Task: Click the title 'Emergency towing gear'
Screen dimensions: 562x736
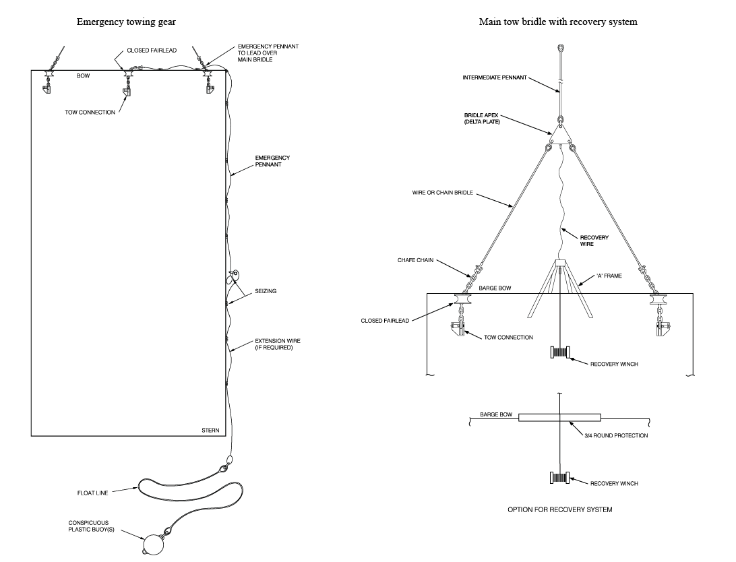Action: tap(126, 22)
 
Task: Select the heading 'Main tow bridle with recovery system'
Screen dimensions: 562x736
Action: tap(558, 22)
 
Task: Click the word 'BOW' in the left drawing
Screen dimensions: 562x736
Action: tap(83, 76)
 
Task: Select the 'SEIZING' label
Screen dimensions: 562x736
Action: tap(266, 291)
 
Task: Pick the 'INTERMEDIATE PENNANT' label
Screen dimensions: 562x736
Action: tap(494, 77)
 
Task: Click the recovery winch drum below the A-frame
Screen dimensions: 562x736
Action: tap(561, 351)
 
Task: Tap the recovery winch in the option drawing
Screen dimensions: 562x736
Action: tap(560, 479)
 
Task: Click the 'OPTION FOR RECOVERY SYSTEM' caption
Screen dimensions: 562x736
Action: tap(559, 510)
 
